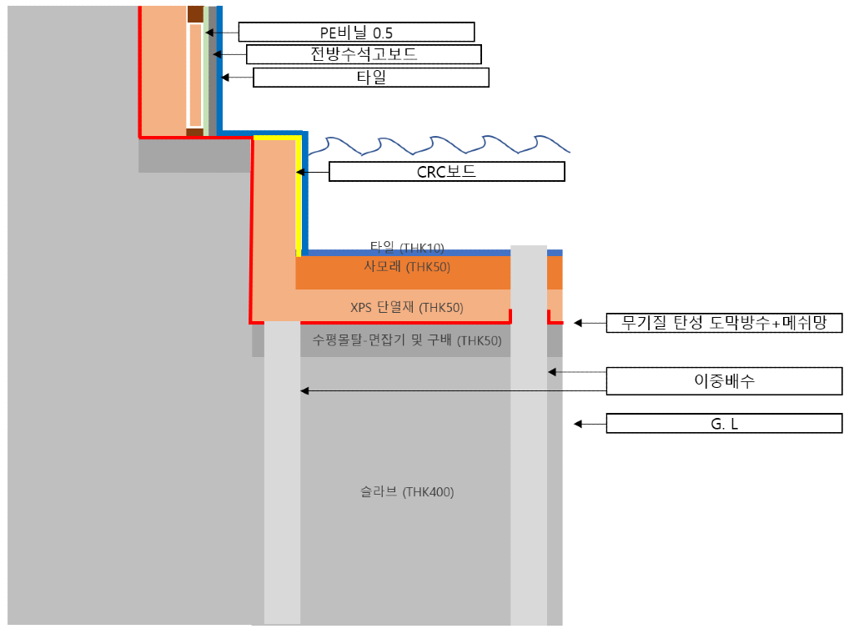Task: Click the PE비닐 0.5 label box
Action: pyautogui.click(x=356, y=33)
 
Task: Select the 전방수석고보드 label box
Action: pyautogui.click(x=364, y=55)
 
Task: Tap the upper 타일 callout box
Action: pyautogui.click(x=370, y=78)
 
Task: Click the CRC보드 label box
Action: pyautogui.click(x=446, y=172)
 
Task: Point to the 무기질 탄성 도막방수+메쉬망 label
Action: pyautogui.click(x=724, y=323)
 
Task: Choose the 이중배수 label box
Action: pyautogui.click(x=724, y=381)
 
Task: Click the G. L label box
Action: pyautogui.click(x=724, y=424)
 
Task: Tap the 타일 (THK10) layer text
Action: pyautogui.click(x=407, y=247)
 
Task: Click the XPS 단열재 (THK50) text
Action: pyautogui.click(x=406, y=308)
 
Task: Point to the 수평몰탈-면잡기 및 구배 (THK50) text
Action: pyautogui.click(x=406, y=340)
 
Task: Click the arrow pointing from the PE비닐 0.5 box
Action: pyautogui.click(x=222, y=33)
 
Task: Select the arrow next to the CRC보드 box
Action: pyautogui.click(x=313, y=172)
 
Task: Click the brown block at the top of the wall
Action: pyautogui.click(x=194, y=14)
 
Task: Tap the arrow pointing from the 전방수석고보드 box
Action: pyautogui.click(x=229, y=55)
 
